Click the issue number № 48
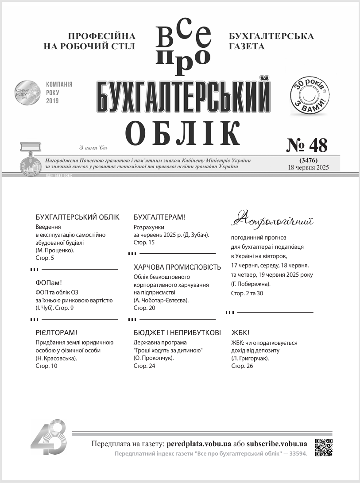(307, 145)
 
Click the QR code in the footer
(323, 448)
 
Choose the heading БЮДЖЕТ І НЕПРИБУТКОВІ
(177, 332)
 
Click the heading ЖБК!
(240, 332)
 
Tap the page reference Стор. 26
(242, 366)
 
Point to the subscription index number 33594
(297, 453)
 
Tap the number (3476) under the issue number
(308, 160)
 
